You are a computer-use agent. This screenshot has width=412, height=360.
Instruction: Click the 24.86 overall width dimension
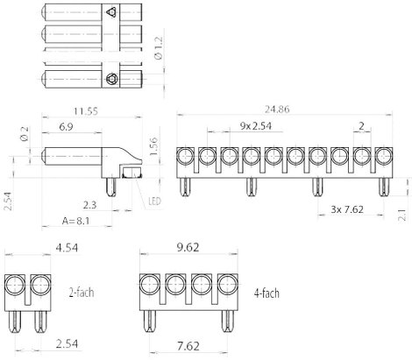[277, 109]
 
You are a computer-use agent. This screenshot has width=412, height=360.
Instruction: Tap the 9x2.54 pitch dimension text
[256, 126]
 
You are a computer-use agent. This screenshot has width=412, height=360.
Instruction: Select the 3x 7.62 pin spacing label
[347, 209]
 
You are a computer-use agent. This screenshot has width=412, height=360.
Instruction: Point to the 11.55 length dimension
[86, 111]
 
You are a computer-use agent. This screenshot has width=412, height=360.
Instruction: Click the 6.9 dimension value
[66, 127]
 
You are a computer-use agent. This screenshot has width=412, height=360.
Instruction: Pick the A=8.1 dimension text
[75, 221]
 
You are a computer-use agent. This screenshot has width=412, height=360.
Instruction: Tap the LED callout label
[154, 201]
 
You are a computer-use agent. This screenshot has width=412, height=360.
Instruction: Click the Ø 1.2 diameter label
[160, 48]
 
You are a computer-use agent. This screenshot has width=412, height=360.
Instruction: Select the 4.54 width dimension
[67, 248]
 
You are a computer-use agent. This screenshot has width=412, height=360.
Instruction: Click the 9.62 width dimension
[188, 248]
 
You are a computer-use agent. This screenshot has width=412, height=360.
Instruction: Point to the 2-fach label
[82, 293]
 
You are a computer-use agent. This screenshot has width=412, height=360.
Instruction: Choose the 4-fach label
[266, 293]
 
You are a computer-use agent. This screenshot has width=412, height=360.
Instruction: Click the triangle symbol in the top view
[111, 12]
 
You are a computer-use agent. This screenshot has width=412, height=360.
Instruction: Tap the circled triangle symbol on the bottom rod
[111, 79]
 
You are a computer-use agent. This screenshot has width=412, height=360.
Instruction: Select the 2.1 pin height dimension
[403, 215]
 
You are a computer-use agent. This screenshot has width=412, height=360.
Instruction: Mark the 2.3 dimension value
[89, 205]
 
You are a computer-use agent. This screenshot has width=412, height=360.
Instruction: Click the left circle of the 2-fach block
[15, 285]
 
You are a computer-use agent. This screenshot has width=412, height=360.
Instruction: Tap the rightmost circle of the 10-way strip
[384, 157]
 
